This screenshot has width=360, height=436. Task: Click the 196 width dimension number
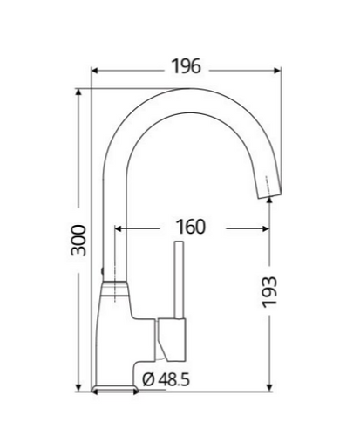(x=187, y=66)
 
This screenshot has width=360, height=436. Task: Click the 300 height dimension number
(x=78, y=241)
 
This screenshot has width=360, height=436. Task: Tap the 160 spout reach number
(x=191, y=227)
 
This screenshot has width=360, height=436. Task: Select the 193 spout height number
(x=269, y=291)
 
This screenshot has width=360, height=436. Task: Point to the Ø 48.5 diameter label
(x=166, y=379)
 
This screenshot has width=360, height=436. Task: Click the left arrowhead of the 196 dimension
(x=95, y=71)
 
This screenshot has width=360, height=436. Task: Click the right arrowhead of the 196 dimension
(x=277, y=71)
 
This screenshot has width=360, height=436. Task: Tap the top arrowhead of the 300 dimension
(x=78, y=92)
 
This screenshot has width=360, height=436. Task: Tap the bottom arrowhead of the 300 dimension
(x=78, y=388)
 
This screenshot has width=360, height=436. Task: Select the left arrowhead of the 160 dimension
(x=119, y=229)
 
